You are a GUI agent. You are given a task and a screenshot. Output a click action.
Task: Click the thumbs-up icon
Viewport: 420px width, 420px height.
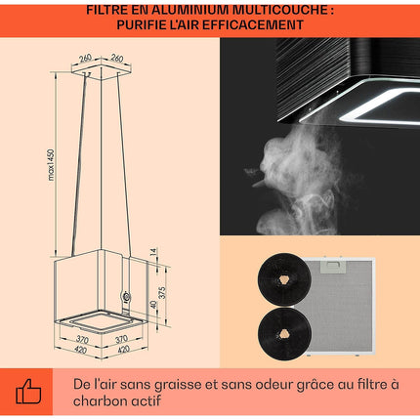click(x=28, y=391)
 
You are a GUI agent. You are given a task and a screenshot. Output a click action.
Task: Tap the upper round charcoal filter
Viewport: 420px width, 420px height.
click(x=284, y=279)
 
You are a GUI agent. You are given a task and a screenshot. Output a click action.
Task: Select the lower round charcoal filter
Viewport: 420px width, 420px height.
click(x=284, y=334)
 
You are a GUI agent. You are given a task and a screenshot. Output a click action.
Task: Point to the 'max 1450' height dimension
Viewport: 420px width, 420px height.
click(x=51, y=164)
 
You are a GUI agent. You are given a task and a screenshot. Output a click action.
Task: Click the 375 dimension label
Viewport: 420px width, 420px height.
click(x=162, y=292)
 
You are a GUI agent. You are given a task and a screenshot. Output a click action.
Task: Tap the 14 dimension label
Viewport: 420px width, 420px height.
click(x=153, y=252)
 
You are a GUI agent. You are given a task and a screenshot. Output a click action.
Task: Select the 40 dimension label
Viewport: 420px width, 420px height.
click(x=153, y=305)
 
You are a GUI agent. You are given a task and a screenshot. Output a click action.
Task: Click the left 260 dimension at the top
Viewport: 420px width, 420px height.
click(x=85, y=58)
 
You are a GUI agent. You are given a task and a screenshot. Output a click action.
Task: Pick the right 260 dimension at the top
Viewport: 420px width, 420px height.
click(x=116, y=58)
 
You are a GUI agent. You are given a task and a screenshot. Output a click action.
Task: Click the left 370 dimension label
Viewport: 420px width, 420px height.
click(x=82, y=339)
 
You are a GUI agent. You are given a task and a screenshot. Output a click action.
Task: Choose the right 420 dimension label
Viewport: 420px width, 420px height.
click(x=123, y=350)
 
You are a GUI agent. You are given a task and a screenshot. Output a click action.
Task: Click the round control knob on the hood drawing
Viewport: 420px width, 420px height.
click(x=126, y=297)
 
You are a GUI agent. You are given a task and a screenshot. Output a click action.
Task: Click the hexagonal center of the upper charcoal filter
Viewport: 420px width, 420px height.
click(x=284, y=279)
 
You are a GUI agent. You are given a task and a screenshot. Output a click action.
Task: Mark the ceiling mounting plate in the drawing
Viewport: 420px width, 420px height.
click(x=102, y=69)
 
